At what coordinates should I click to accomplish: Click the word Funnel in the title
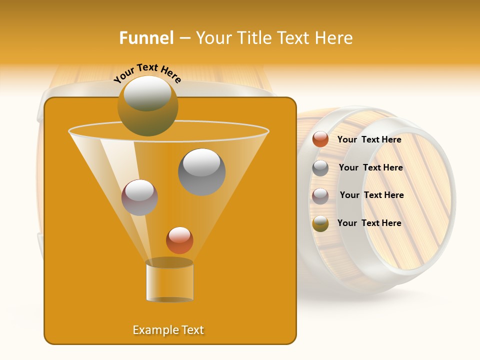[146, 38]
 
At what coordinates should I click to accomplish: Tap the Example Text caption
[168, 330]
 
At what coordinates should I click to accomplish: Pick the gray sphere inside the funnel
[201, 172]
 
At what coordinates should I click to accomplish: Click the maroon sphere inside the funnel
[139, 197]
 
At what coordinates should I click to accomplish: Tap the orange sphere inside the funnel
[179, 240]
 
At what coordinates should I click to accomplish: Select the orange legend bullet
[320, 139]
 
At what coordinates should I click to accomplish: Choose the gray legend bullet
[320, 168]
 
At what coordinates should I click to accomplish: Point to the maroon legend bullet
[320, 195]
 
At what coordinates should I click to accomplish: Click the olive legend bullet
[320, 223]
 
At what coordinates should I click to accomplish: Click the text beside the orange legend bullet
[369, 140]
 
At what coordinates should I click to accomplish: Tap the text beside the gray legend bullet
[370, 168]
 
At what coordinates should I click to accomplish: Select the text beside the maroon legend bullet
[371, 195]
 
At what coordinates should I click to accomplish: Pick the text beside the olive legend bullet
[369, 223]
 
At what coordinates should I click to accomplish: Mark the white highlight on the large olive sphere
[147, 93]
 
